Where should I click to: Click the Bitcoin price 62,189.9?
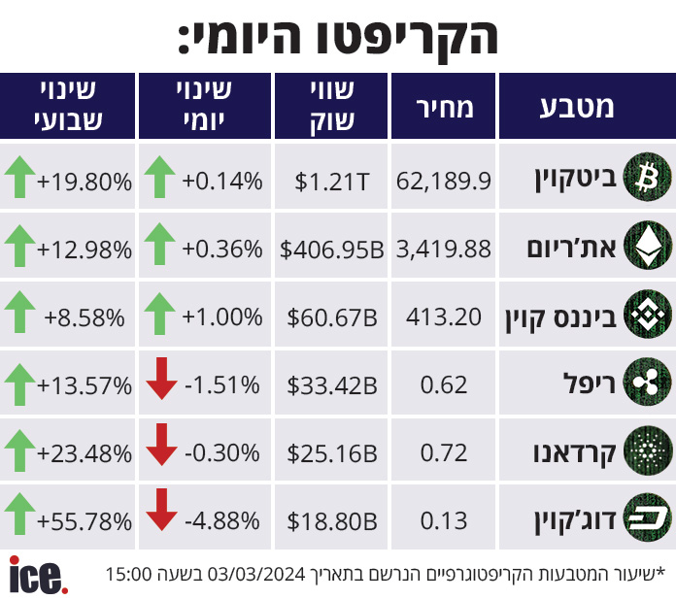tap(444, 181)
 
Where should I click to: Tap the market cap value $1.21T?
tap(332, 182)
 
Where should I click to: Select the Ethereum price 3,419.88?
tap(444, 250)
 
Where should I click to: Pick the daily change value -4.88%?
tap(222, 520)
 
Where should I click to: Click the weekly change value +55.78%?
tap(84, 521)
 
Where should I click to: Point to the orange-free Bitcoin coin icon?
tap(648, 177)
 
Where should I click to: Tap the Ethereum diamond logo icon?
tap(648, 246)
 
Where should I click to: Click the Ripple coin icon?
tap(648, 382)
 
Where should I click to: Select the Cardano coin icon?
tap(648, 450)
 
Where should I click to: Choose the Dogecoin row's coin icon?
tap(648, 517)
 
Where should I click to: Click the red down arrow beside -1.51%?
tap(161, 379)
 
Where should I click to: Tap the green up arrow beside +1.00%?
tap(159, 314)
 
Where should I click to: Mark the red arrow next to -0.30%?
tap(161, 445)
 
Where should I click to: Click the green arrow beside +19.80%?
tap(19, 177)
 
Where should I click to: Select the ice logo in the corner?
tap(39, 575)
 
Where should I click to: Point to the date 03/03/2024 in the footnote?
tap(256, 574)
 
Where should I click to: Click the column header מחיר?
tap(445, 108)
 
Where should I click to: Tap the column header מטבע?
tap(577, 108)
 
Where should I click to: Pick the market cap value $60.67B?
tap(332, 317)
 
